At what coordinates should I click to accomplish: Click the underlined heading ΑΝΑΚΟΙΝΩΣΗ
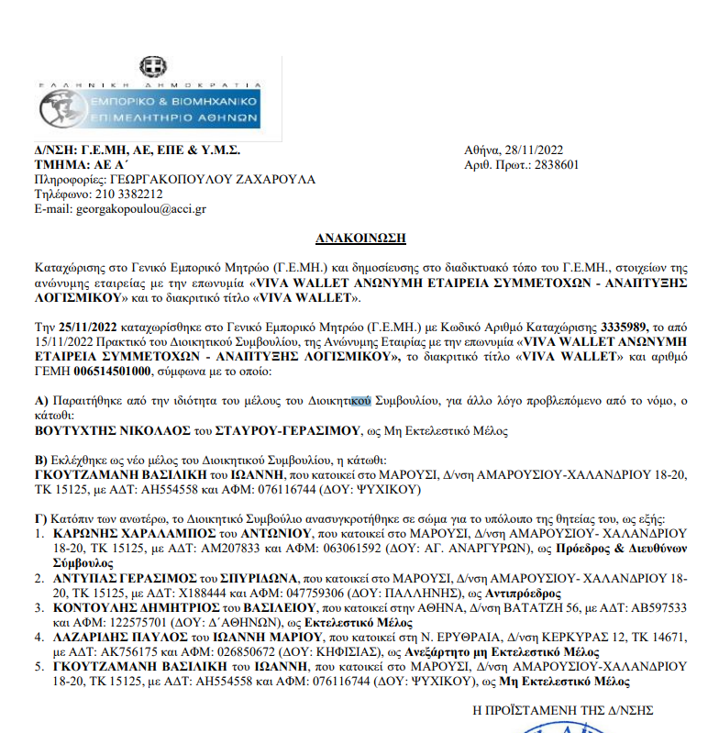[360, 238]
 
